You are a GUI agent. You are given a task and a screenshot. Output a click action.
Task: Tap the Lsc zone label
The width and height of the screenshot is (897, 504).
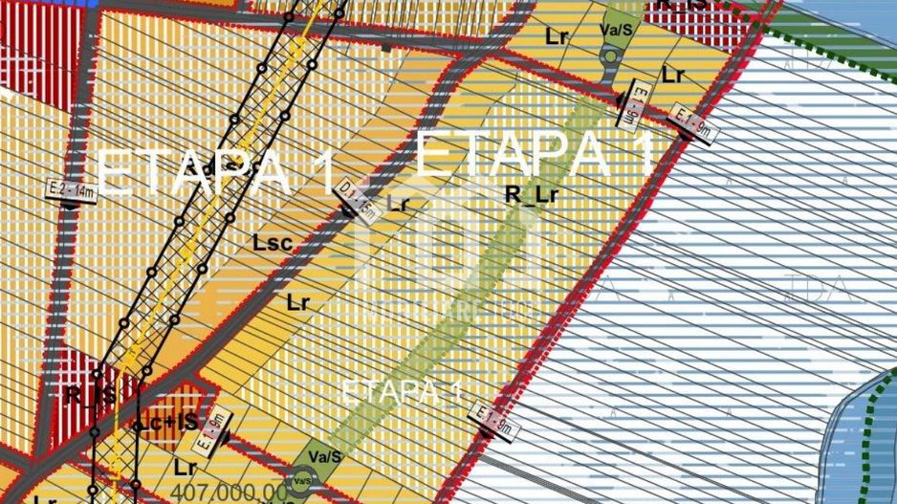tap(272, 243)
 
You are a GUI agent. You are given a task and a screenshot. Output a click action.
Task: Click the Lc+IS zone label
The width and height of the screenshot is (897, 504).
tap(168, 421)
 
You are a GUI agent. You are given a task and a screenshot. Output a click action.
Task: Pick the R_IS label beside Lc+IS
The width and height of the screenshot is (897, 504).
tap(90, 393)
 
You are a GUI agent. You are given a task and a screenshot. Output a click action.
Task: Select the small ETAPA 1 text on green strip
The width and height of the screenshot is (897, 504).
tap(402, 391)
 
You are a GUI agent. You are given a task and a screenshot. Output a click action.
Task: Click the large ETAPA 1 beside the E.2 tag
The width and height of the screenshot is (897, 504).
tap(218, 172)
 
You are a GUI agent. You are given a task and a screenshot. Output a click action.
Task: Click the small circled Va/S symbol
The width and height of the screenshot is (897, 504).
tap(302, 480)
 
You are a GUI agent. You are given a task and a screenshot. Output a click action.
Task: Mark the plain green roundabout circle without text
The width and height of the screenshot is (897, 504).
tap(609, 57)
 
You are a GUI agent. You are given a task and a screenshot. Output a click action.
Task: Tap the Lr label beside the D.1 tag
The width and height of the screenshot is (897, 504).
tap(399, 203)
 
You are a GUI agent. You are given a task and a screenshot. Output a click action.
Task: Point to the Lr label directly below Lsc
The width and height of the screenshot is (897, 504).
tap(298, 302)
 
